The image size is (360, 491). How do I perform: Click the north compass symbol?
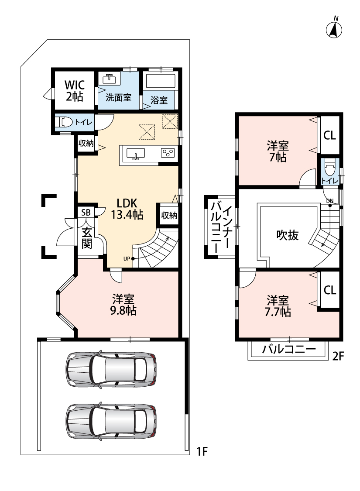pos(335,29)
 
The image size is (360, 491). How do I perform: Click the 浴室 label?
pos(159,100)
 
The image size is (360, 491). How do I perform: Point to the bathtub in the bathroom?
pos(160,82)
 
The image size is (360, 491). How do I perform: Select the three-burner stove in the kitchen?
pos(168,153)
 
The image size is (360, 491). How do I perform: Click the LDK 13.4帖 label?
pos(127,208)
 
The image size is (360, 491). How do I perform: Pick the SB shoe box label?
pos(86,213)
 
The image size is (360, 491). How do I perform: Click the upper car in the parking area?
pos(111,370)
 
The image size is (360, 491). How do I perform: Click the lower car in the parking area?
pos(111,421)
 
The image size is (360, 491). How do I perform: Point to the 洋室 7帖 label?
pos(278,151)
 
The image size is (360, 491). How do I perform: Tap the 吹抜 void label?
pos(288,235)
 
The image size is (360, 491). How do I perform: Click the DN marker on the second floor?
pos(329,201)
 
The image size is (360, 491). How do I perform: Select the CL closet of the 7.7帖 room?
pos(330,290)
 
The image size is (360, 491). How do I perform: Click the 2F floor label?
pos(339,356)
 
